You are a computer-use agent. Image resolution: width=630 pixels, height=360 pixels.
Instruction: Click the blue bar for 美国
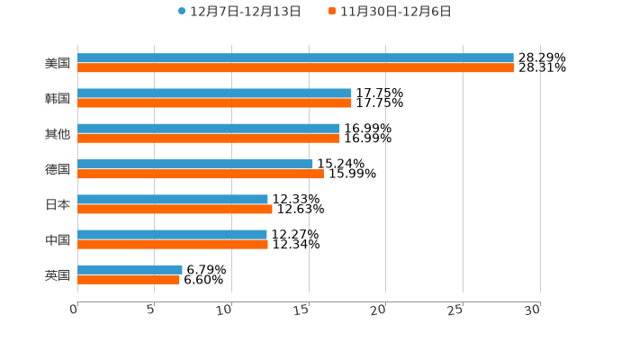click(x=295, y=58)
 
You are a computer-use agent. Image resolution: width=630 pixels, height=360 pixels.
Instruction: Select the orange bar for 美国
click(x=295, y=68)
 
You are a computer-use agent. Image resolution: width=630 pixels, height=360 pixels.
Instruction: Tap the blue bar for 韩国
click(x=214, y=94)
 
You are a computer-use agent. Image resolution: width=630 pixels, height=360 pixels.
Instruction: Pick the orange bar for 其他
click(x=209, y=139)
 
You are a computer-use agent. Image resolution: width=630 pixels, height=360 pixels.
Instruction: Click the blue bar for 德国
click(x=195, y=164)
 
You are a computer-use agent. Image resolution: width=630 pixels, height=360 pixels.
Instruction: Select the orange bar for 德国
click(x=201, y=175)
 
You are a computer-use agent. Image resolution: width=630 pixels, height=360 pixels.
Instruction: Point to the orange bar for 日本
click(x=175, y=210)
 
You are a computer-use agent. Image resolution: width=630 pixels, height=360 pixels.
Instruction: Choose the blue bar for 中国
click(x=172, y=235)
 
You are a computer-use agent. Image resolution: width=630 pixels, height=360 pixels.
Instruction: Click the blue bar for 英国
click(x=130, y=270)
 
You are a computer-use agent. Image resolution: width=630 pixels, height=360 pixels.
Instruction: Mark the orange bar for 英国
click(x=129, y=280)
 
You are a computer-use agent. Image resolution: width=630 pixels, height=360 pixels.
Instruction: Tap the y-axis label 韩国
click(x=58, y=98)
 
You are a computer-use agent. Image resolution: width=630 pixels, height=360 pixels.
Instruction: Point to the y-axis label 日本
click(x=58, y=204)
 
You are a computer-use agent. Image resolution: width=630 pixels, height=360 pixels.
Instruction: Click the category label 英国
click(x=58, y=274)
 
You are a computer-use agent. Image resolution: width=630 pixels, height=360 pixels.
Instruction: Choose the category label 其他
click(x=58, y=134)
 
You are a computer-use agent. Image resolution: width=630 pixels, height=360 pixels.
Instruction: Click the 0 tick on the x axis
click(x=74, y=310)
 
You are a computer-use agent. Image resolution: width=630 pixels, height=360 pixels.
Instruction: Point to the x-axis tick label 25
click(x=456, y=310)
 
